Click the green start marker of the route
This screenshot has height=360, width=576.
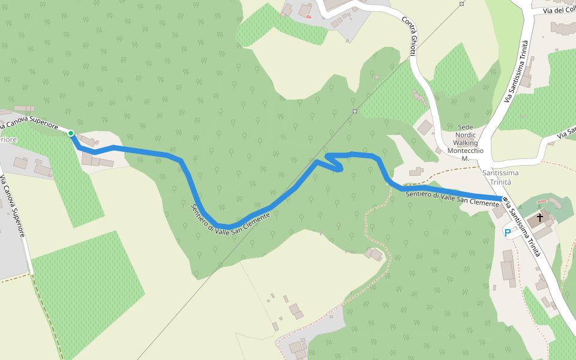[71, 133]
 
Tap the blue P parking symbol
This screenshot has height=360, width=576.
[507, 232]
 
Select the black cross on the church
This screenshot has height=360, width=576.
[540, 217]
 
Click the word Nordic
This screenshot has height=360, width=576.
[466, 135]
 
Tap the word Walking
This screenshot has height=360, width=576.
[466, 143]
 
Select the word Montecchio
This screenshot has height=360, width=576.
[466, 151]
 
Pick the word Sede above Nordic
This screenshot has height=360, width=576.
[466, 127]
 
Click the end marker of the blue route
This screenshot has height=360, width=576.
[503, 199]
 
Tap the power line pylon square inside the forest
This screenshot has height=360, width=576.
[355, 111]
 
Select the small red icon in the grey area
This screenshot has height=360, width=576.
[309, 16]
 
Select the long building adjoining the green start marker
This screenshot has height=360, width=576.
[88, 140]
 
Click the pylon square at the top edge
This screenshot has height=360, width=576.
[461, 4]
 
